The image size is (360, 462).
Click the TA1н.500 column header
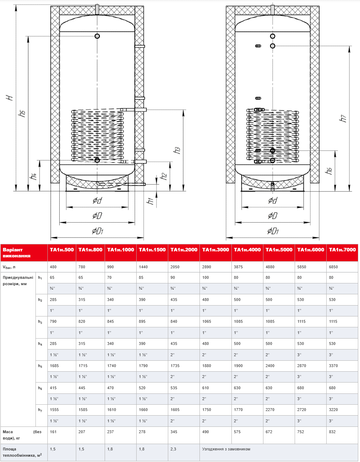[x=62, y=250]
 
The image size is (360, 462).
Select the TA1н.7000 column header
[x=342, y=250]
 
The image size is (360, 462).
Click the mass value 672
[x=269, y=432]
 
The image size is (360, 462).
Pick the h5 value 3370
[x=333, y=366]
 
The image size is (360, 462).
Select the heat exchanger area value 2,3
[x=174, y=449]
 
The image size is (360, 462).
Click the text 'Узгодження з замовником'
[x=226, y=449]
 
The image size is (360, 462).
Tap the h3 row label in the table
[x=40, y=322]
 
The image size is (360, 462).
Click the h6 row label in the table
[x=40, y=388]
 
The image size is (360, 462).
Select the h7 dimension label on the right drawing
[x=343, y=118]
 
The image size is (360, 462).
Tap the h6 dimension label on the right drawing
[x=329, y=171]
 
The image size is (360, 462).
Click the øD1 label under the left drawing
[x=97, y=231]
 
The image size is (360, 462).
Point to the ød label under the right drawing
[x=273, y=200]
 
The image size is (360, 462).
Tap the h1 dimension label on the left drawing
[x=150, y=201]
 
